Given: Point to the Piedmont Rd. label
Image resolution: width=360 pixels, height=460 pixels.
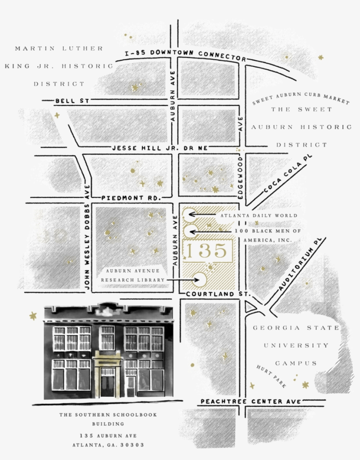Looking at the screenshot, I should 131,198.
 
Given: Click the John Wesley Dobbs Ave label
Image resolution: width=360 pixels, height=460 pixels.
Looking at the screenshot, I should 87,243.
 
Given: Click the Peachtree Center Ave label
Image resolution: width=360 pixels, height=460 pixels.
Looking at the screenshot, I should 250,402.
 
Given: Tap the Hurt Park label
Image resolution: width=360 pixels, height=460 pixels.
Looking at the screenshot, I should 271,376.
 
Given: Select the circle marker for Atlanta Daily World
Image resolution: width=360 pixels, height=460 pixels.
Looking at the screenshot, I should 190,215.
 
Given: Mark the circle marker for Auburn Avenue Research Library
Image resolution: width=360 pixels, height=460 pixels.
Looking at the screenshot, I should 200,279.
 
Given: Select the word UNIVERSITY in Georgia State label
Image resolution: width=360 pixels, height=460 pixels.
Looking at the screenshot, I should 296,345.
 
